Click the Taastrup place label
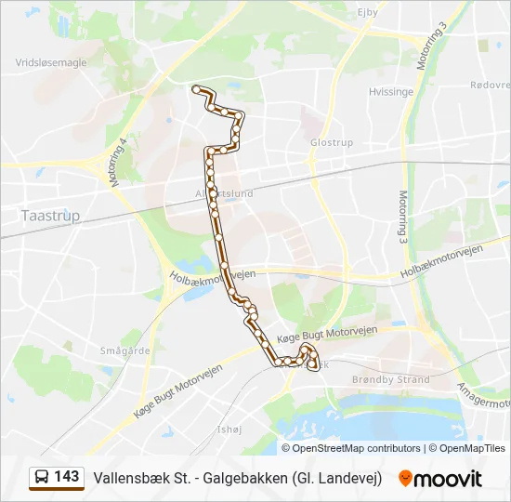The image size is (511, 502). [50, 216]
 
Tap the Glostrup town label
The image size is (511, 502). [332, 142]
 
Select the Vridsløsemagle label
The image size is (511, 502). [51, 63]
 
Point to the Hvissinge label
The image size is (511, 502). [390, 92]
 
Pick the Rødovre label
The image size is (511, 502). [490, 84]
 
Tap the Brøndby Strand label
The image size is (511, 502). [390, 379]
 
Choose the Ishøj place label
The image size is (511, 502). [228, 429]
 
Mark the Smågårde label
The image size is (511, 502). [125, 351]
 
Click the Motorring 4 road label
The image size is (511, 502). [118, 163]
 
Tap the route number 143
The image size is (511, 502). [67, 477]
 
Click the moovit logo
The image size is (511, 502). [440, 478]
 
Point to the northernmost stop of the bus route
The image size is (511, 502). [196, 88]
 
